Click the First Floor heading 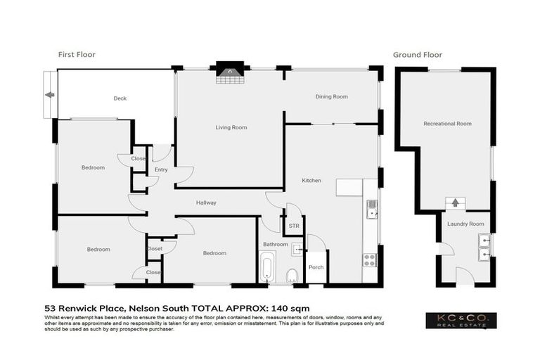76,54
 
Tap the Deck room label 120,98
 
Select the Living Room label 231,127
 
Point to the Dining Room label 331,96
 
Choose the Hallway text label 206,202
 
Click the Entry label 161,170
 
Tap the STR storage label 293,226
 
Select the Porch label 316,267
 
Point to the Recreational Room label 447,123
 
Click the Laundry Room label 468,224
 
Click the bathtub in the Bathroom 266,269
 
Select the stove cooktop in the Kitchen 370,260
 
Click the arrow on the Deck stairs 49,95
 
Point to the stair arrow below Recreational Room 455,203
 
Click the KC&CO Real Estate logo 461,321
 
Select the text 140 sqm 290,308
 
